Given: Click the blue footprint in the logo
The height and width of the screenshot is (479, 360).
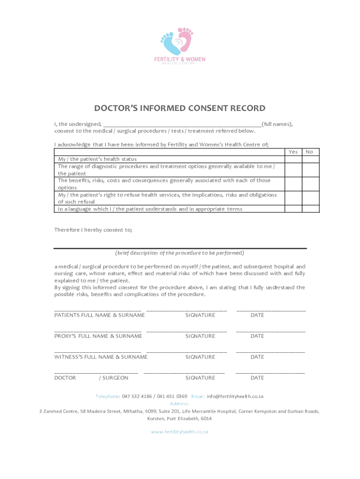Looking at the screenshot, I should pos(171,43).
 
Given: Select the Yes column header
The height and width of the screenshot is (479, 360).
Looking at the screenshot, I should pos(293,152).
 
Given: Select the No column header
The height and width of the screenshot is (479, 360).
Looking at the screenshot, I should pos(310,152).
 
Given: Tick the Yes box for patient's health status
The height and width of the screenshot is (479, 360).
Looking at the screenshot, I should pos(293,159).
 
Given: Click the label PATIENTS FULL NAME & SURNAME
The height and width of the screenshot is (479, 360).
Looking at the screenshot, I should pos(100,315).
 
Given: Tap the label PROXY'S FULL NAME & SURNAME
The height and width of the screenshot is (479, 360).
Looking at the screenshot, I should pos(98,336).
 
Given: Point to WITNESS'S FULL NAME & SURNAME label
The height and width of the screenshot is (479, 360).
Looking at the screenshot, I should pos(101,357).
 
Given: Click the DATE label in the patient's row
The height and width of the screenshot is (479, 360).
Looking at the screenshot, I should pos(257,315).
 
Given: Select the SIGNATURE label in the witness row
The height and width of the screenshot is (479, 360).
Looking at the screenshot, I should pos(200,357).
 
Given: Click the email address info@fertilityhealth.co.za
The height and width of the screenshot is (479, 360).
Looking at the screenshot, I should pos(235,397).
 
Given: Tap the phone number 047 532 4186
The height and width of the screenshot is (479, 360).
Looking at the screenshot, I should pos(138,397).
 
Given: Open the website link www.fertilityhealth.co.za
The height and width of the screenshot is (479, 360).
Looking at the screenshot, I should pos(180,432).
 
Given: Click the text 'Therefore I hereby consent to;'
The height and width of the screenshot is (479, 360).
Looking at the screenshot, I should pos(94,230).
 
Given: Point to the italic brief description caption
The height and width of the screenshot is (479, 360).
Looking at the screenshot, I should pos(180,253).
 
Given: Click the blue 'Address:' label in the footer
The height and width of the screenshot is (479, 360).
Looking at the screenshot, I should pos(180,404).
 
